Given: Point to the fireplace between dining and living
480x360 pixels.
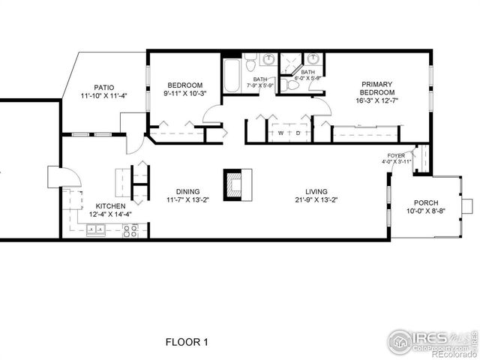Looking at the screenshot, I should [x=237, y=184].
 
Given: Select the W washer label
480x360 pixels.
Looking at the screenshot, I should [x=280, y=133].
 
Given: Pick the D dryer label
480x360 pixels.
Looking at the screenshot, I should [x=298, y=133].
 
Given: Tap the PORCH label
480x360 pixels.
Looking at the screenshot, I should [x=426, y=203].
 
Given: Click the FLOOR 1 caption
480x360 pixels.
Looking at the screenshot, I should [x=186, y=342].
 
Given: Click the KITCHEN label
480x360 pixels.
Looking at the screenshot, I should [x=110, y=205].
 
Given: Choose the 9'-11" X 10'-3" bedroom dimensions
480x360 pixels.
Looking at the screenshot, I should [x=185, y=94].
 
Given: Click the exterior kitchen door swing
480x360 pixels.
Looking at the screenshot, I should [x=63, y=178].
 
